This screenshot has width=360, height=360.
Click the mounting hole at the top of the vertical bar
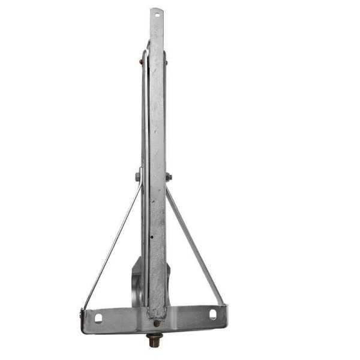click(157, 13)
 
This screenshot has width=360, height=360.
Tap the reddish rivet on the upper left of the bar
click(142, 61)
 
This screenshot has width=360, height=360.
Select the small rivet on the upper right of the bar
click(166, 61)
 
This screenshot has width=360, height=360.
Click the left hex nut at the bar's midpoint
click(138, 177)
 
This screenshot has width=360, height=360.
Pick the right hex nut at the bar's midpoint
click(169, 177)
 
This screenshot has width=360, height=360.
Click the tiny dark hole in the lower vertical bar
click(152, 236)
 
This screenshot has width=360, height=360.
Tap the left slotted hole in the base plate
click(98, 317)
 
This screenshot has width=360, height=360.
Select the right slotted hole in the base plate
click(212, 314)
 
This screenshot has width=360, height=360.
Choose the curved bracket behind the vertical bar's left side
click(137, 282)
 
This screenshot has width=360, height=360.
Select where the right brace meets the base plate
click(223, 305)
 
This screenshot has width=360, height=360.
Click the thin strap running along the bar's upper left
click(145, 108)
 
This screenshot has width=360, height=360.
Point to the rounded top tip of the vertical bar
click(157, 8)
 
